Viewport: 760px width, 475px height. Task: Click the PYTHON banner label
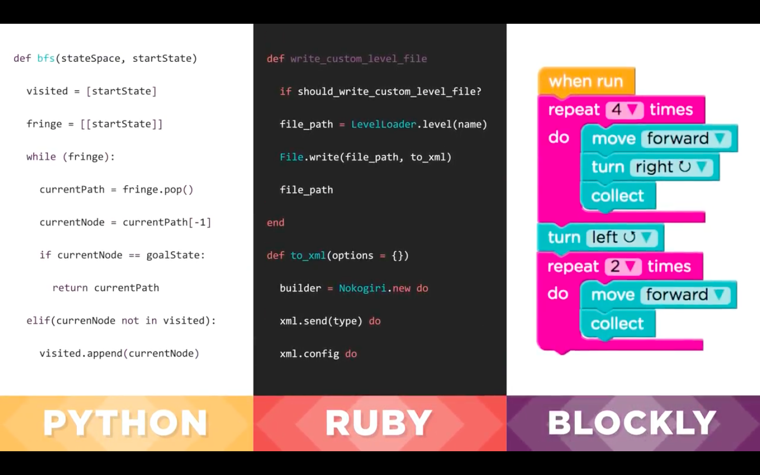tap(126, 423)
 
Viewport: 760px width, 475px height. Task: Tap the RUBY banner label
tap(379, 423)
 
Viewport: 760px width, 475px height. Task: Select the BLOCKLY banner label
tap(632, 423)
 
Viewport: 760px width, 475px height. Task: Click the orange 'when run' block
tap(586, 81)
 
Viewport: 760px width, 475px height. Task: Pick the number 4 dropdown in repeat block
tap(624, 110)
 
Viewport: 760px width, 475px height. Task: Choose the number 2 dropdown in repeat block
tap(623, 267)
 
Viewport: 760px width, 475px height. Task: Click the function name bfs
tap(46, 59)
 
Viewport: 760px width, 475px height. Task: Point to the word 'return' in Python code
tap(70, 288)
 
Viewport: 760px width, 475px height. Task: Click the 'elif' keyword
tap(38, 321)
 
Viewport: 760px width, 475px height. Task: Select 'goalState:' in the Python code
tap(175, 255)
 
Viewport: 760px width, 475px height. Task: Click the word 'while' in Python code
tap(41, 157)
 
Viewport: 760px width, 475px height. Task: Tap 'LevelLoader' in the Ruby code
tap(383, 125)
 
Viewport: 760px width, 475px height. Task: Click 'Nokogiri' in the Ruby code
tap(363, 288)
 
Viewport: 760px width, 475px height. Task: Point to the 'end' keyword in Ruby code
tap(275, 223)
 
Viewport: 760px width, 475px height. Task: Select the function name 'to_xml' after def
tap(308, 255)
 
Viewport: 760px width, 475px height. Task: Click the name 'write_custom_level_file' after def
tap(358, 59)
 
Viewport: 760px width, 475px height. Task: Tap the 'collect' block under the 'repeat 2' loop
tap(617, 324)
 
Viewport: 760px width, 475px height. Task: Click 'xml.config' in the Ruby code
tap(309, 354)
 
